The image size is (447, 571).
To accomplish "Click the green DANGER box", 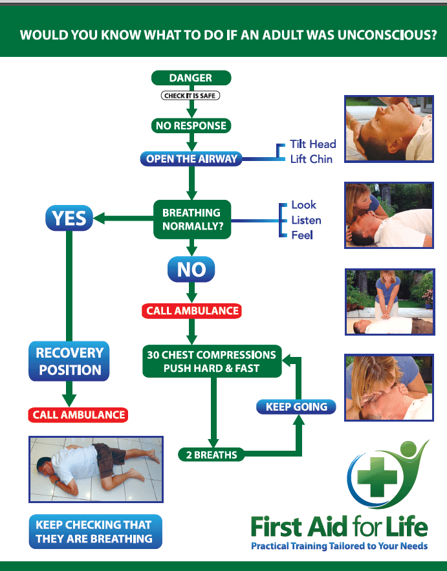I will point(191,78).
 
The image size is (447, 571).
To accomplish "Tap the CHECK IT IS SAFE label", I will point(191,96).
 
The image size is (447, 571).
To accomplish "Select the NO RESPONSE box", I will point(191,125).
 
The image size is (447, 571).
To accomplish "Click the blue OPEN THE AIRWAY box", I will point(191,158).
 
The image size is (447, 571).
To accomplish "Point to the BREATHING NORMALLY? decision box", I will point(191,219).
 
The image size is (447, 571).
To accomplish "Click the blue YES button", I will point(69,219).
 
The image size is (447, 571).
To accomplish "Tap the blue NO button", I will point(191,269).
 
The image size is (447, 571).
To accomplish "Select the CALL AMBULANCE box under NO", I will point(191,311).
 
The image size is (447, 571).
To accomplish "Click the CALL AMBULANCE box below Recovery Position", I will point(77,415).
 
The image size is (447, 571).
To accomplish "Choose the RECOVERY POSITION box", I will point(69,361).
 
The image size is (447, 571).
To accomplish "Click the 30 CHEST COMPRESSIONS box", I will point(212,361).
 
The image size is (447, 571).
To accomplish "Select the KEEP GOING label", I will point(296,407).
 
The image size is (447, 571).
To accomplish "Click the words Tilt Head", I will point(313,144).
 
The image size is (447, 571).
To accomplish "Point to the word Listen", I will point(306,220).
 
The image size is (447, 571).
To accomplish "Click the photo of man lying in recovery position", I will point(96,469).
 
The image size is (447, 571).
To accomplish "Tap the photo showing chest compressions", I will point(389,301).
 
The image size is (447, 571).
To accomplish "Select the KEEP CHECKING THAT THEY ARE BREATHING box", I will point(95,532).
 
